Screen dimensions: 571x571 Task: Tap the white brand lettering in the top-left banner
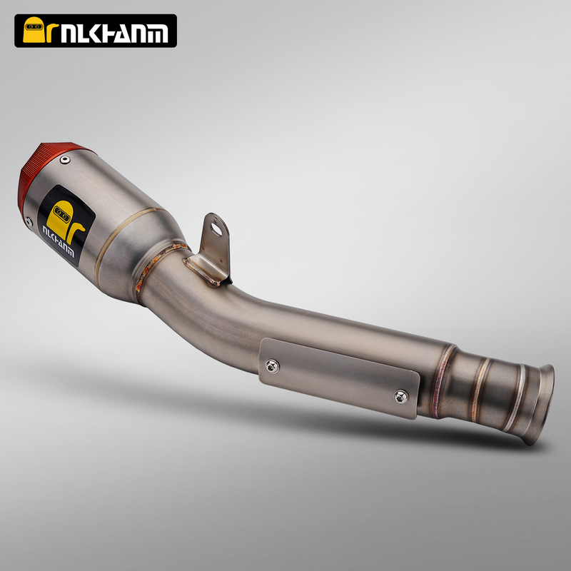[114, 34]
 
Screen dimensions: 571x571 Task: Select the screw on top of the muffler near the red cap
[65, 159]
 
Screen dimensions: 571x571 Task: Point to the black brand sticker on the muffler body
[66, 225]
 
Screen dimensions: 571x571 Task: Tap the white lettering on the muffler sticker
[59, 241]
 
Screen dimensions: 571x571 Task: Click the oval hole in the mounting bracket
[216, 228]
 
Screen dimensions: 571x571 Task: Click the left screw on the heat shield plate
[272, 366]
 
